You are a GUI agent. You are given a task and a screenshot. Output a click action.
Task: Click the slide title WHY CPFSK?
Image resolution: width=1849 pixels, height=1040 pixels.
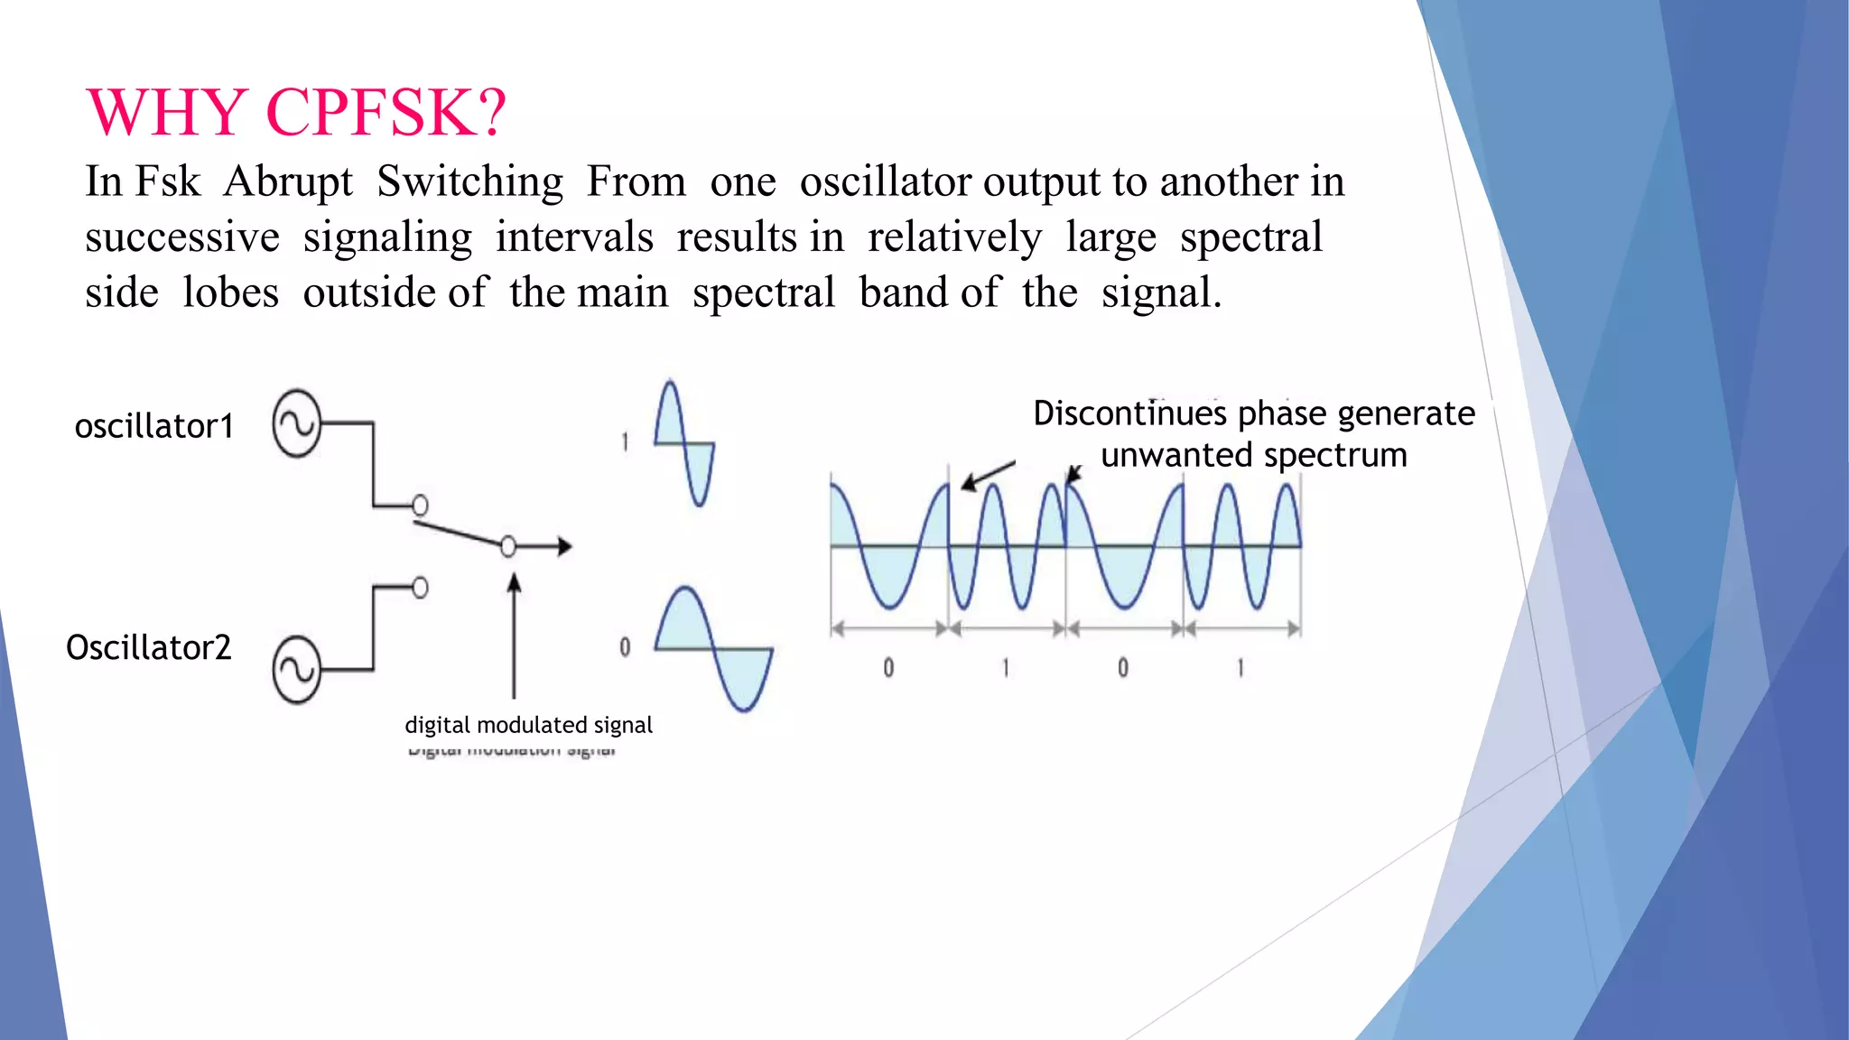pos(296,113)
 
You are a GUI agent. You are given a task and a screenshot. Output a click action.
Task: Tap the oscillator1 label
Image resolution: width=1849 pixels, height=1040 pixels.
pos(154,426)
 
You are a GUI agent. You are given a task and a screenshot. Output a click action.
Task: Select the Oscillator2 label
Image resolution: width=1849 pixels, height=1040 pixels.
pos(149,647)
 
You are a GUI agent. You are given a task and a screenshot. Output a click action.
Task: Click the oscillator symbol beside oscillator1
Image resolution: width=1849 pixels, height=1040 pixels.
pos(297,423)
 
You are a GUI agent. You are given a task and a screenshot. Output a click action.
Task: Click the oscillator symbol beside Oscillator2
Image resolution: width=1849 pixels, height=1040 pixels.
pos(297,670)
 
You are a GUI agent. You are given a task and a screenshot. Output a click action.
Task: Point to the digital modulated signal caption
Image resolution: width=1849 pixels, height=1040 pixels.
pos(528,725)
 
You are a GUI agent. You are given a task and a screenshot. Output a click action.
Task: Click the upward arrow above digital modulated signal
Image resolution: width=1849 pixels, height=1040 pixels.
pos(514,632)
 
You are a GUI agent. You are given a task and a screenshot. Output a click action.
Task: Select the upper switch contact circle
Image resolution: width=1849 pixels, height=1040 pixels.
pos(420,505)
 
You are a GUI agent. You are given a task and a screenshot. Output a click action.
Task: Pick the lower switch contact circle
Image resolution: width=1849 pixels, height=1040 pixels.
pos(420,588)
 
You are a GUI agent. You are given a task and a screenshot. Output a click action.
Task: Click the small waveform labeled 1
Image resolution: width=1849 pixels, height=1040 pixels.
pos(684,442)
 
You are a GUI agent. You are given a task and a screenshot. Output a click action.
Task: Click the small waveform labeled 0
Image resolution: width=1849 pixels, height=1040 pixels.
pos(713,648)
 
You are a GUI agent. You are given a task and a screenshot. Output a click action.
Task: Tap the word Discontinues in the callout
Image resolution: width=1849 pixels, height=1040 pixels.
pos(1129,413)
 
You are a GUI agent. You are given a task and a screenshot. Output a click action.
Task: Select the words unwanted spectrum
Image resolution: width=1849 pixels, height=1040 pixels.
pos(1253,455)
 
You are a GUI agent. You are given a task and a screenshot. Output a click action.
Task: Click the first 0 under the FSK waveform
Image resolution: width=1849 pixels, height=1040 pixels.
pos(888,668)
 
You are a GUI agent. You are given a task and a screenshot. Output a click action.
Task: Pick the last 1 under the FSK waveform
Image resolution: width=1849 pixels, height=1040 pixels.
pos(1240,668)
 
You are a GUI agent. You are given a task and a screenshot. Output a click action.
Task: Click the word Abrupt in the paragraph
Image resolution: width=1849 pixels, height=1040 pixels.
pos(288,181)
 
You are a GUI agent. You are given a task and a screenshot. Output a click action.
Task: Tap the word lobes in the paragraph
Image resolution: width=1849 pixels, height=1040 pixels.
pos(230,292)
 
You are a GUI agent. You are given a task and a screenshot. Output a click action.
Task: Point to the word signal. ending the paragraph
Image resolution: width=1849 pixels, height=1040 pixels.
pos(1161,292)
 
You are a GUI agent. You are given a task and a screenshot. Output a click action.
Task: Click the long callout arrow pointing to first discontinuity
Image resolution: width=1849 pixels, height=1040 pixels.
pos(988,475)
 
